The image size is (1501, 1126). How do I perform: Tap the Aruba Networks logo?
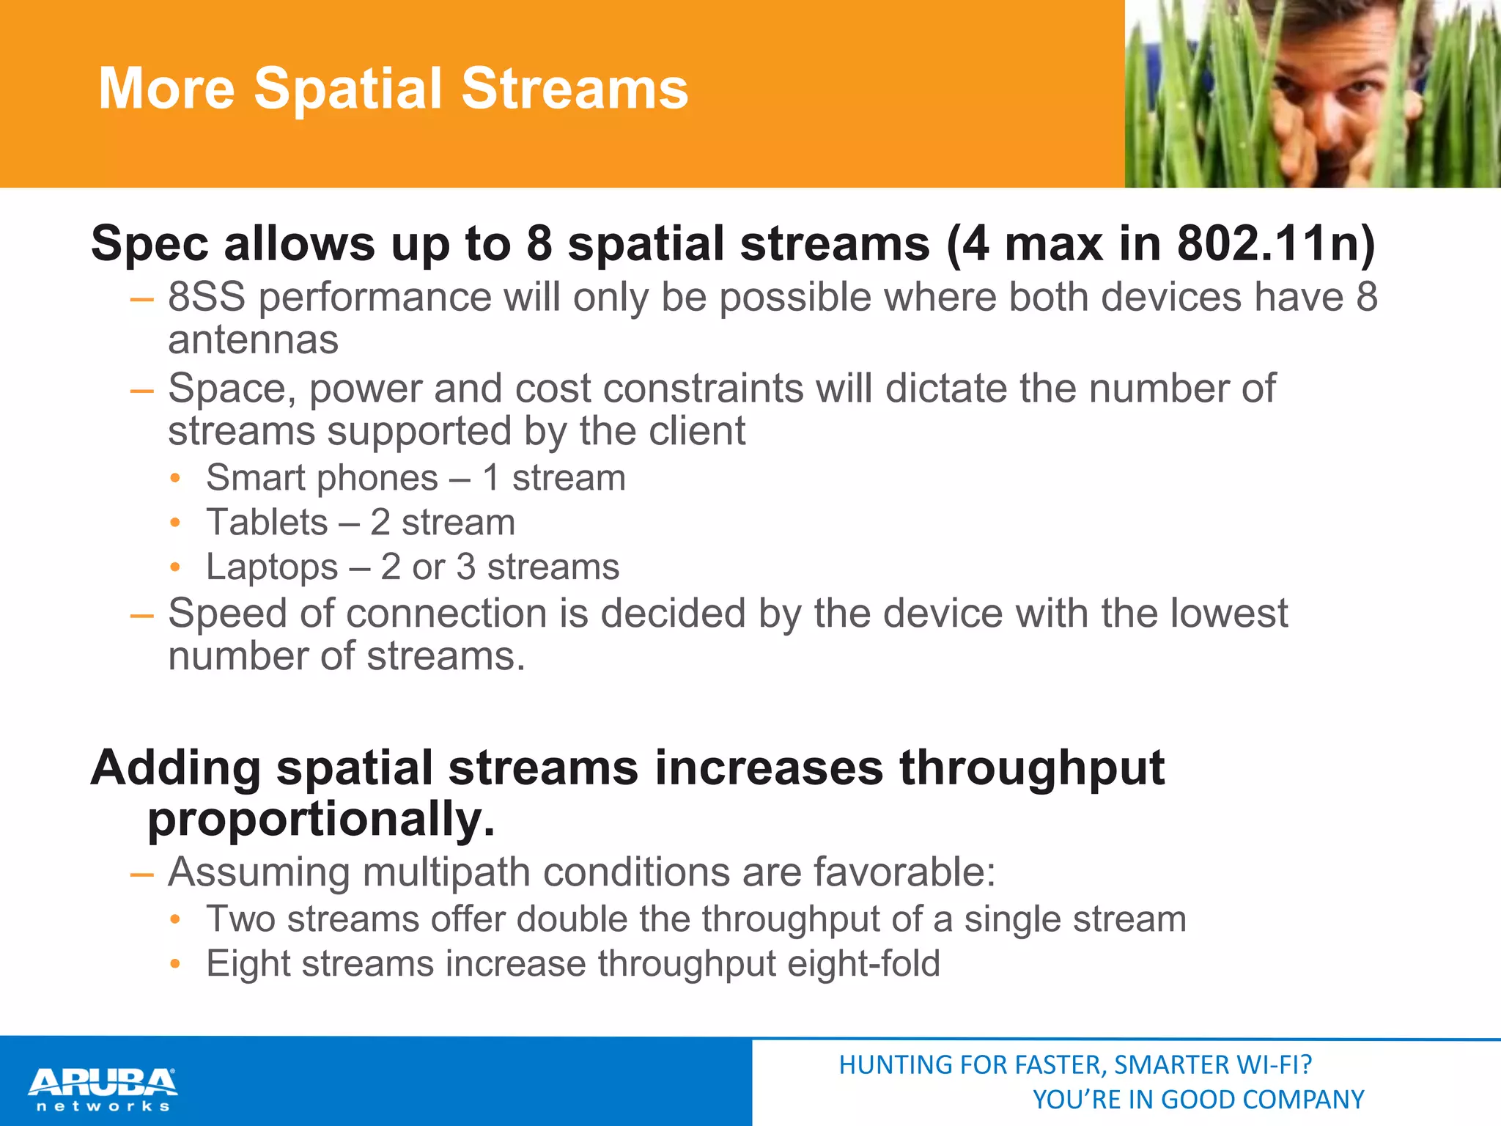pyautogui.click(x=103, y=1089)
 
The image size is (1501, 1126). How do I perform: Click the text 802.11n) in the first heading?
pyautogui.click(x=1275, y=243)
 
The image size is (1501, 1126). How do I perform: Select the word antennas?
pyautogui.click(x=253, y=340)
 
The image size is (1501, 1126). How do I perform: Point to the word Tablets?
pyautogui.click(x=267, y=523)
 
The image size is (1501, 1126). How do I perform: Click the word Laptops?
pyautogui.click(x=272, y=567)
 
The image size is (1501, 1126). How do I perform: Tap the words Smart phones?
pyautogui.click(x=322, y=478)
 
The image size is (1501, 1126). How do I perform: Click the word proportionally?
pyautogui.click(x=321, y=819)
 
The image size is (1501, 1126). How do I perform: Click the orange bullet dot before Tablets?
pyautogui.click(x=174, y=523)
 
